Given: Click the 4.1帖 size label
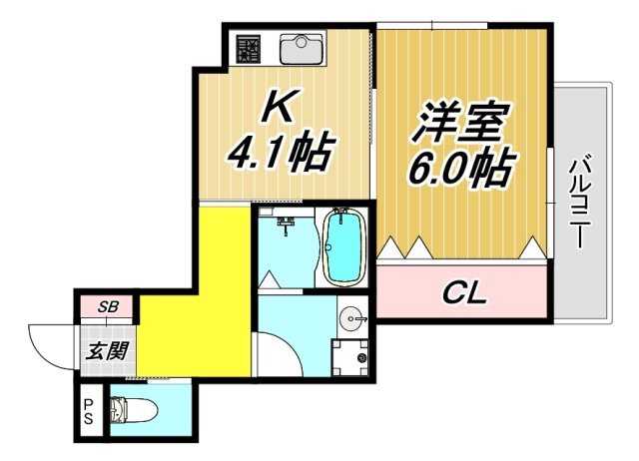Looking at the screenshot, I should tap(281, 154).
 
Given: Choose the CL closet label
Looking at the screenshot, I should tap(463, 293).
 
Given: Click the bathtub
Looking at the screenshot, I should tap(343, 247).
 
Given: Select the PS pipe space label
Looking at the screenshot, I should tap(88, 411).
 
